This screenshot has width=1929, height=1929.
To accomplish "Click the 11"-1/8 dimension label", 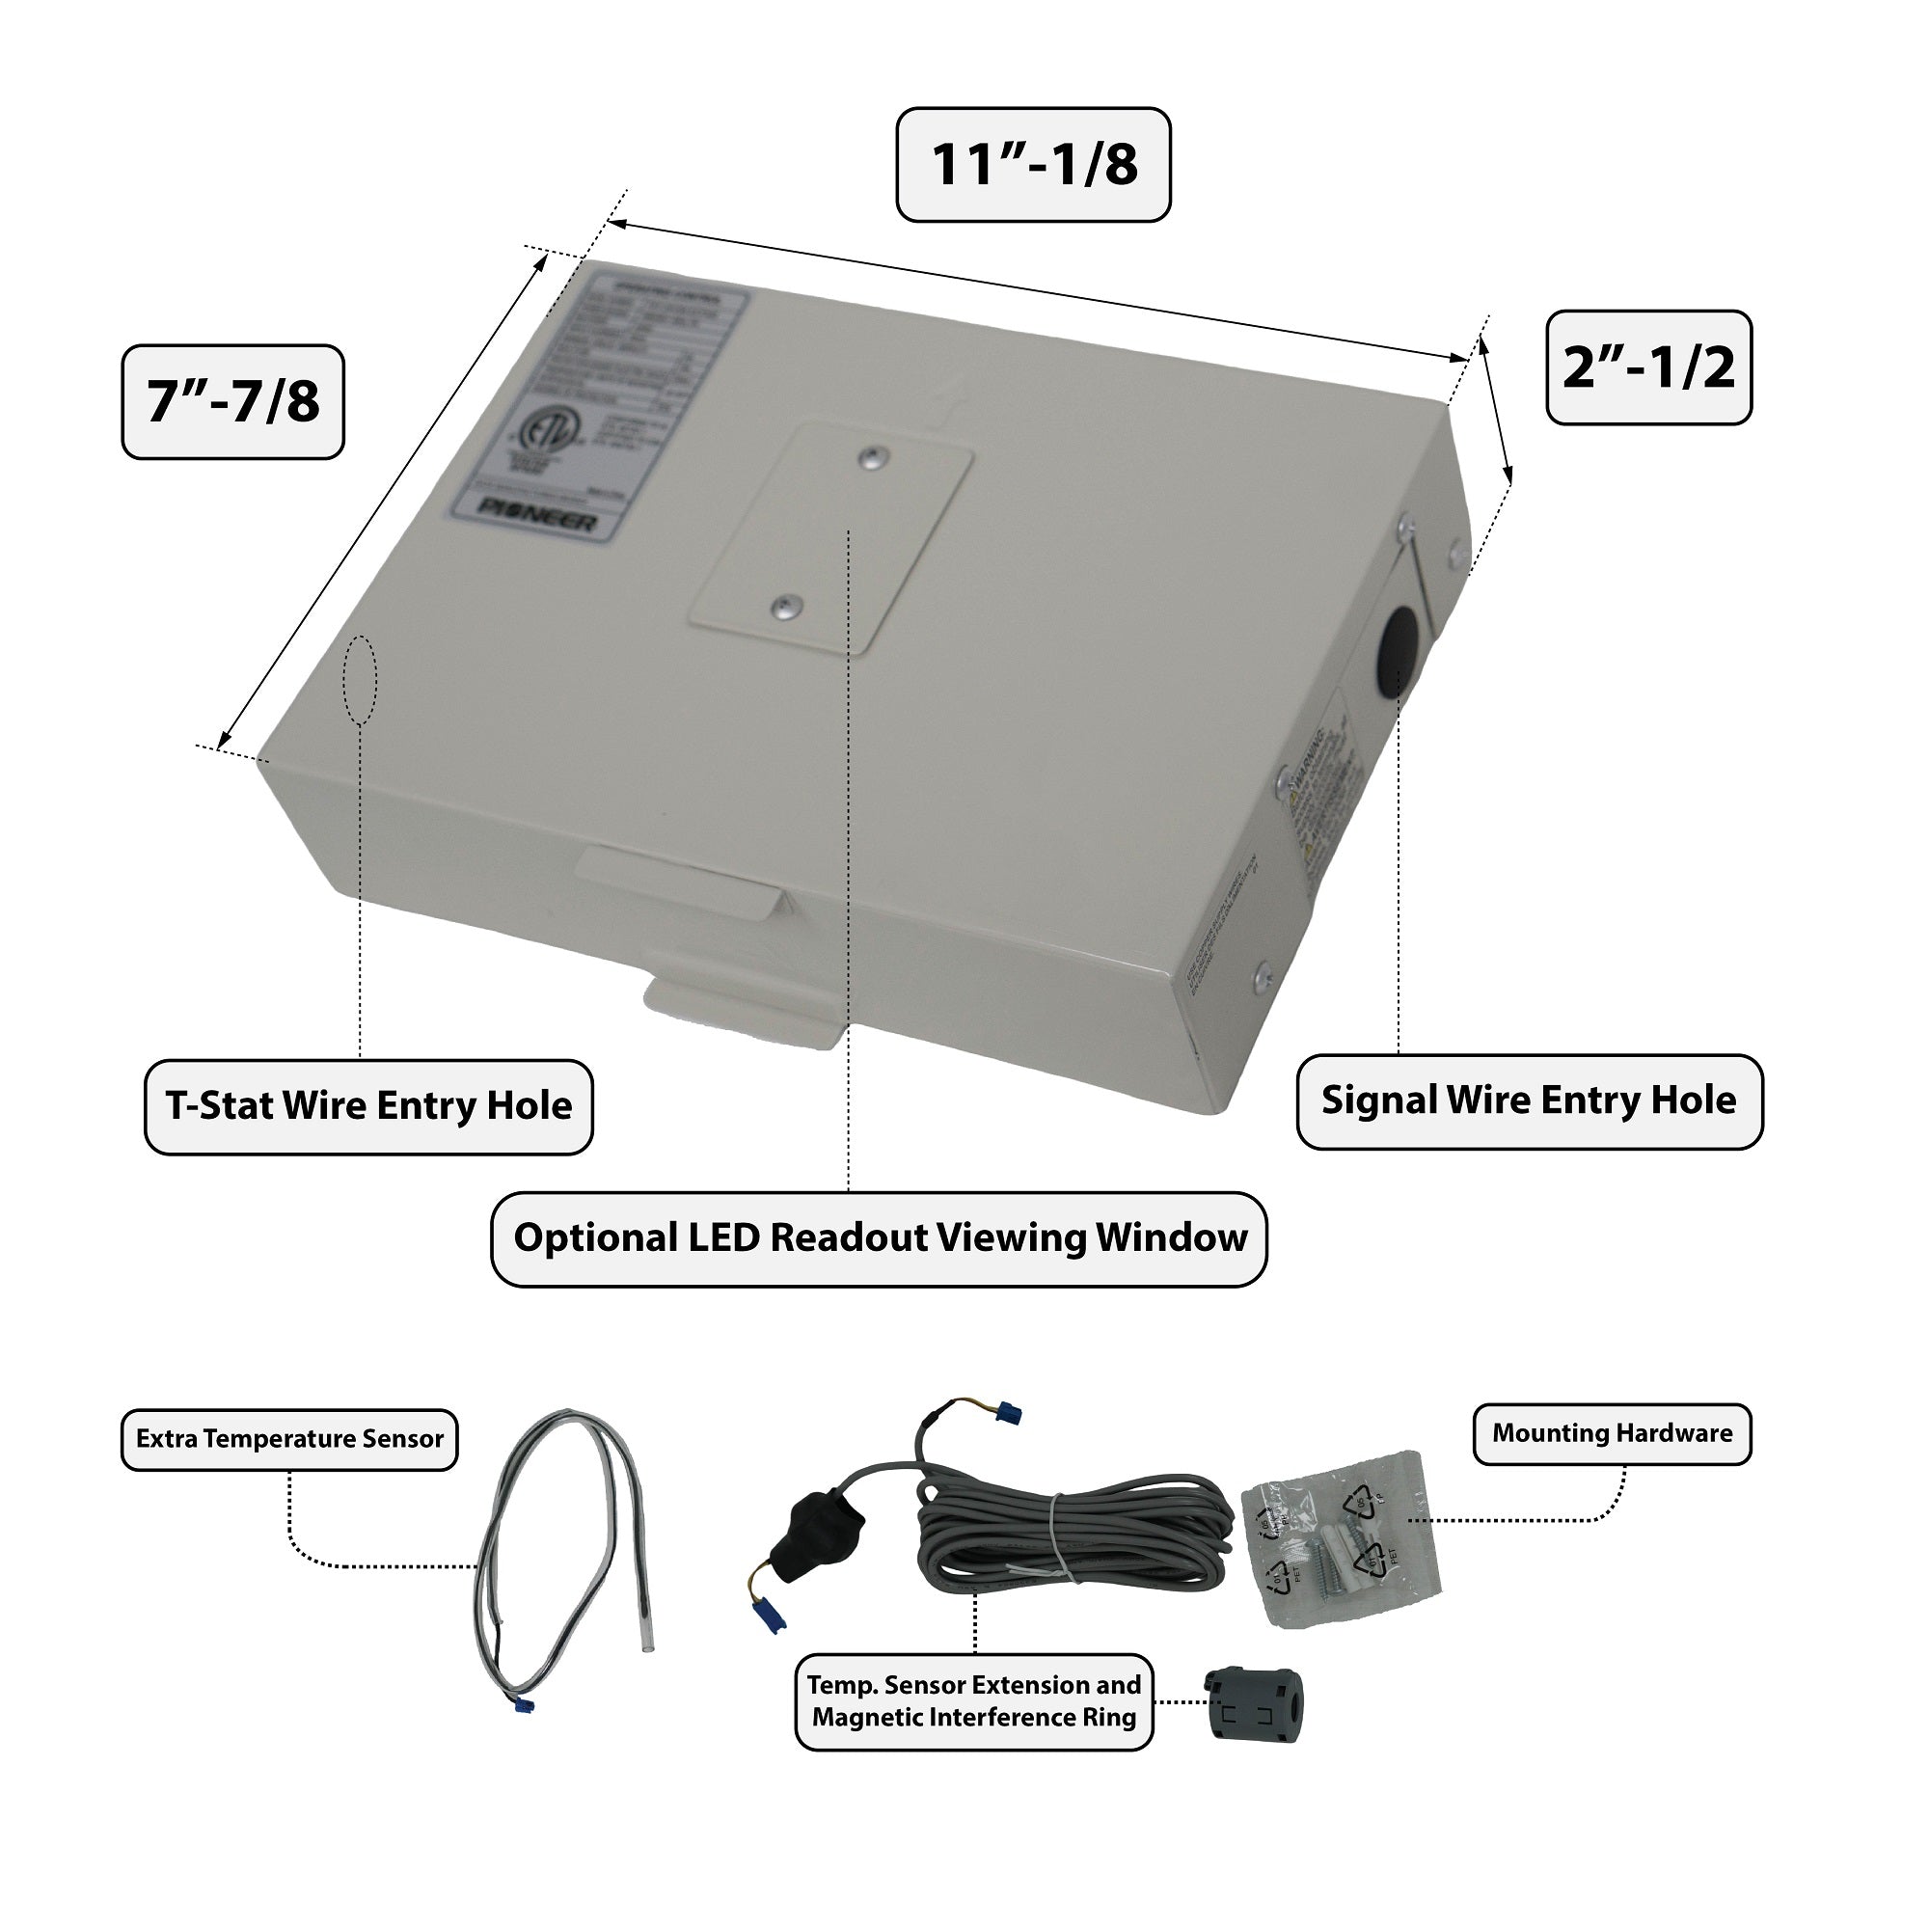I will point(1032,165).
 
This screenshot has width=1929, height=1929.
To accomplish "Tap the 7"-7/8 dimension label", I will point(232,401).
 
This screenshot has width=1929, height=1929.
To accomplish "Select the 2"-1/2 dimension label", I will point(1648,367).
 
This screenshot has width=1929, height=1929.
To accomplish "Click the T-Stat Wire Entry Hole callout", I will point(368,1106).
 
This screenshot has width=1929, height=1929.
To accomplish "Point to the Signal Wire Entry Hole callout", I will point(1529,1100).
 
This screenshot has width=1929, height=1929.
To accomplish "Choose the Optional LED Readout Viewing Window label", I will point(879,1238).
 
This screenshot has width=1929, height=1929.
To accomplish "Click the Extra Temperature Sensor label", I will point(289,1439).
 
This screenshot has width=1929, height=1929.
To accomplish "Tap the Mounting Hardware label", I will point(1612,1434).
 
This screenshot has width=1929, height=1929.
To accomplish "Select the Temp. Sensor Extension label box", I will point(973,1700).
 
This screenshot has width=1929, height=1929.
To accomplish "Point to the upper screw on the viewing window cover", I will point(873,457).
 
